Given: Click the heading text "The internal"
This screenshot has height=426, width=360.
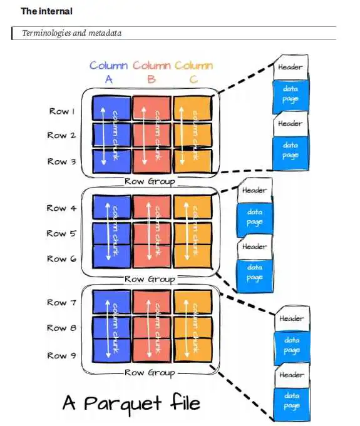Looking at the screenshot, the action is click(x=46, y=11).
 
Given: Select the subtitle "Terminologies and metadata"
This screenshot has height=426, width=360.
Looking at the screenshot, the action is click(x=72, y=33).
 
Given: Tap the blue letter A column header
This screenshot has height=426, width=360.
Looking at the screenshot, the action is click(x=109, y=79).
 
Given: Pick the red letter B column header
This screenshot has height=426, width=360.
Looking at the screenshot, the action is click(x=152, y=79).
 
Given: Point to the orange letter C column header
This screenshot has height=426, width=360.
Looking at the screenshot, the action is click(x=193, y=79).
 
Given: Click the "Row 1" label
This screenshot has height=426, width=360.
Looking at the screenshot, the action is click(x=62, y=111).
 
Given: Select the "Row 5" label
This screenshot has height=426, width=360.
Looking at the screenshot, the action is click(x=61, y=233).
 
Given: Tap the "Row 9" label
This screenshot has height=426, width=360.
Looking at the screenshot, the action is click(x=61, y=355).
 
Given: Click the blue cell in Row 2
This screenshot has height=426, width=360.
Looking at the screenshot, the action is click(x=111, y=134).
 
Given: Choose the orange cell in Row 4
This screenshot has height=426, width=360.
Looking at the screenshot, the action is click(x=192, y=207).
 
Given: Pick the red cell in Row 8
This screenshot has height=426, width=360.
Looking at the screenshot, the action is click(x=152, y=327).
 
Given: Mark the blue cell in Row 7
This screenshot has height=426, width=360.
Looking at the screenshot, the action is click(x=111, y=302).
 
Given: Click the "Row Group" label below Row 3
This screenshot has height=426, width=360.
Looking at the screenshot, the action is click(x=150, y=181).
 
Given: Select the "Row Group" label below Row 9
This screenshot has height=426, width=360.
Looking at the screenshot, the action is click(x=150, y=373).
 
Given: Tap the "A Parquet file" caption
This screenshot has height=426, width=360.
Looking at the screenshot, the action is click(x=131, y=403).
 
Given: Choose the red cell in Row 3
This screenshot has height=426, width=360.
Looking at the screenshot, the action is click(x=152, y=161).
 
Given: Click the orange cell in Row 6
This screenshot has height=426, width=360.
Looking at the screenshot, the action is click(x=192, y=256).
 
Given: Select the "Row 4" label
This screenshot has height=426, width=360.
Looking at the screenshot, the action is click(x=61, y=208).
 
